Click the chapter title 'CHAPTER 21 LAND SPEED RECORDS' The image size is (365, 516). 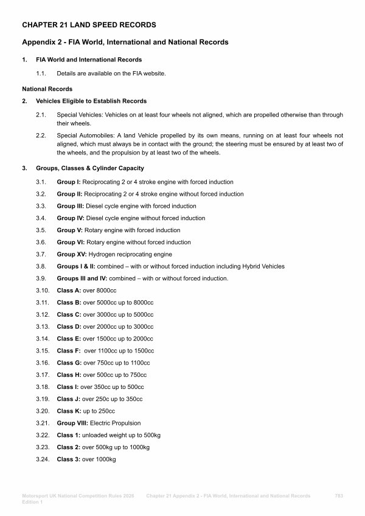[89, 25]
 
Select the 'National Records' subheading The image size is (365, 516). [47, 89]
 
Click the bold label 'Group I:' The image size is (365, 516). [69, 182]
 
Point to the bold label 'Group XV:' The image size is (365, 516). [72, 254]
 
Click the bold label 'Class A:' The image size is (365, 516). [69, 291]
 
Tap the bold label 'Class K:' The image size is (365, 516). [69, 411]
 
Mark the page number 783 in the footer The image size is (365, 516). [339, 497]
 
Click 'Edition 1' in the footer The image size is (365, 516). [32, 503]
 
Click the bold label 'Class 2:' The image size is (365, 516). [69, 447]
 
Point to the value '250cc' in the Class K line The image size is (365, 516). [106, 411]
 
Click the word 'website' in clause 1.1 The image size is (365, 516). [155, 74]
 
